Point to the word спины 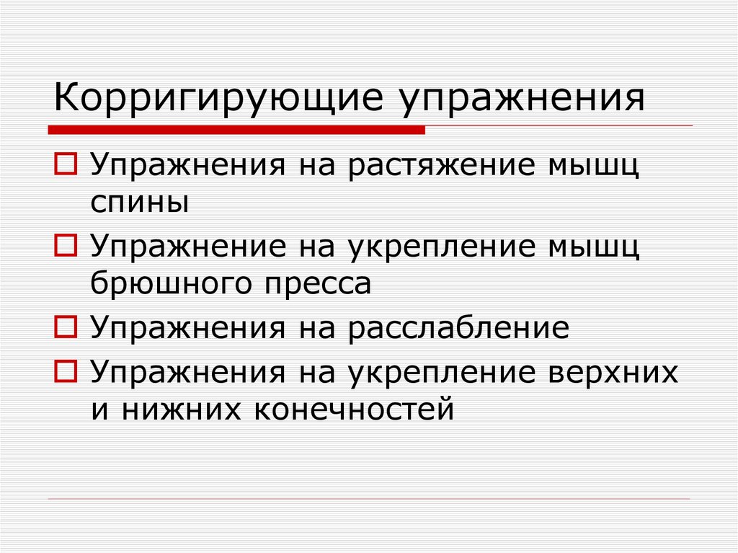pyautogui.click(x=140, y=203)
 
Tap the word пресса pyautogui.click(x=312, y=284)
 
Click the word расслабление pyautogui.click(x=459, y=329)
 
